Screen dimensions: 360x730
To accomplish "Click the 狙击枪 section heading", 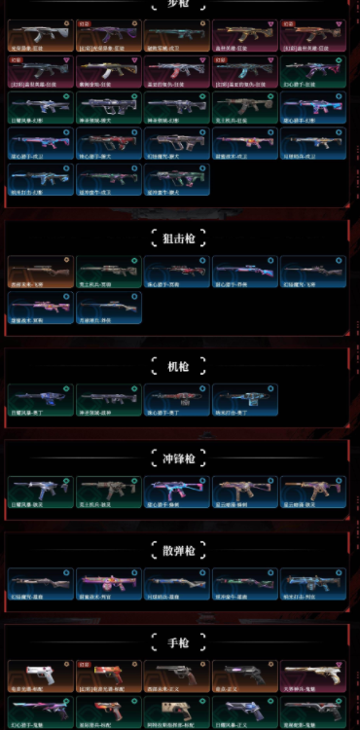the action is pyautogui.click(x=180, y=237).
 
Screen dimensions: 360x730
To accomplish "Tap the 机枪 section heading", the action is pyautogui.click(x=180, y=365).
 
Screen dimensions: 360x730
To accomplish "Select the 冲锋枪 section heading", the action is pyautogui.click(x=180, y=457).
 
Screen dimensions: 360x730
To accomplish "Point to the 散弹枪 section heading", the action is pyautogui.click(x=180, y=551).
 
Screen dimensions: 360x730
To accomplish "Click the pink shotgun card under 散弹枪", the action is pyautogui.click(x=109, y=584).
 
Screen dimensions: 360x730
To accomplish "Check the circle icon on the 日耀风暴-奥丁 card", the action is pyautogui.click(x=66, y=389).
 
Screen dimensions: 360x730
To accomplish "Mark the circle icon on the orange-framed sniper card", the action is pyautogui.click(x=66, y=261).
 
